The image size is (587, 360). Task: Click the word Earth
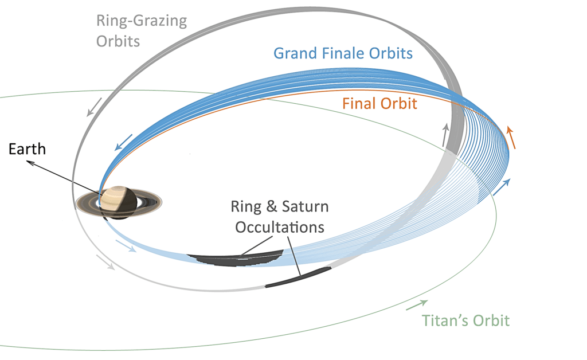point(27,149)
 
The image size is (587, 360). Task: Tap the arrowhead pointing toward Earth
point(30,162)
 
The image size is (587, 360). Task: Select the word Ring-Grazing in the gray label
point(142,21)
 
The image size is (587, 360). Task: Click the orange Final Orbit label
point(379,104)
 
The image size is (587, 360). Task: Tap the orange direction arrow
point(511,138)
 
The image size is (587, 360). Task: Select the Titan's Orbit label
point(465,320)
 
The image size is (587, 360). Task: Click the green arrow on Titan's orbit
point(417,305)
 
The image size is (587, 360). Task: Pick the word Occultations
point(280,227)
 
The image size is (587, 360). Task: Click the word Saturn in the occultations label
point(305,206)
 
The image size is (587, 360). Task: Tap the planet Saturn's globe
point(118,202)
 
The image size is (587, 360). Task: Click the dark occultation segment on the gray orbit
point(298,277)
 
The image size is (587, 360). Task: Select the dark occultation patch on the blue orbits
point(236,258)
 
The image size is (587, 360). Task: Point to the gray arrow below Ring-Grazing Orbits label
point(94,107)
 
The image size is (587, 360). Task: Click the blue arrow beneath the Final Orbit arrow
point(502,187)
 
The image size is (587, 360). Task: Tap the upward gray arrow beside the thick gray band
point(445,135)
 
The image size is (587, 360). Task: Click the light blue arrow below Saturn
point(126,246)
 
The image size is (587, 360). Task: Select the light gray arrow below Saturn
point(105,262)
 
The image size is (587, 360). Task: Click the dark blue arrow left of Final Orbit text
point(124,142)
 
